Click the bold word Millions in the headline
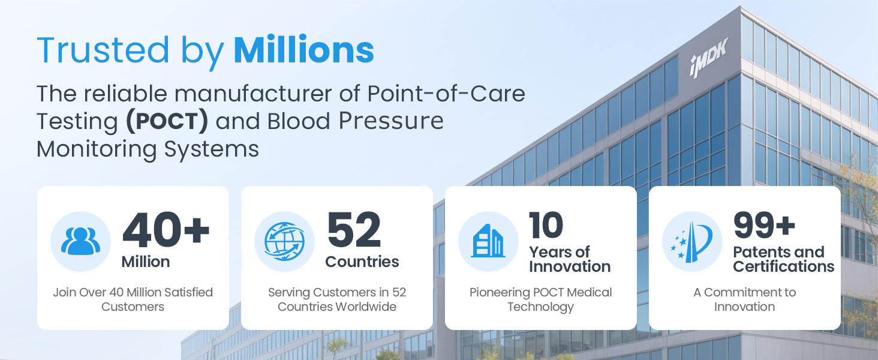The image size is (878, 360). coord(304,50)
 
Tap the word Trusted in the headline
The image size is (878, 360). coord(103,50)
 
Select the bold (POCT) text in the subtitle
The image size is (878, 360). coord(167,121)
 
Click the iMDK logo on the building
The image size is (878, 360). coord(709,57)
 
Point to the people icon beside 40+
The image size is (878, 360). coord(80,241)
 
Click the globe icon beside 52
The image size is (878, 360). coord(284,241)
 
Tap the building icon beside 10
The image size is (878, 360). coord(488,241)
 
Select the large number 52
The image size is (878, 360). coord(354,230)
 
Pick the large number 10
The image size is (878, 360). coord(546,225)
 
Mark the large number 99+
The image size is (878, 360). coord(764,225)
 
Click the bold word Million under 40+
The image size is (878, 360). coord(146,262)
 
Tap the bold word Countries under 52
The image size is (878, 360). coord(362,262)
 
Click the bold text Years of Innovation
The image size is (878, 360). coord(570,259)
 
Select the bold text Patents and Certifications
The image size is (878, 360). coord(783,259)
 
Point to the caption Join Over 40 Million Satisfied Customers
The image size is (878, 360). coord(133,299)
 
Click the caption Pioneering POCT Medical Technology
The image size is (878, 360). coord(540,299)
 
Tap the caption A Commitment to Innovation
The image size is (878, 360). coord(744,299)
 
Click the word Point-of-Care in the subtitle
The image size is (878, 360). coord(446,94)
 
